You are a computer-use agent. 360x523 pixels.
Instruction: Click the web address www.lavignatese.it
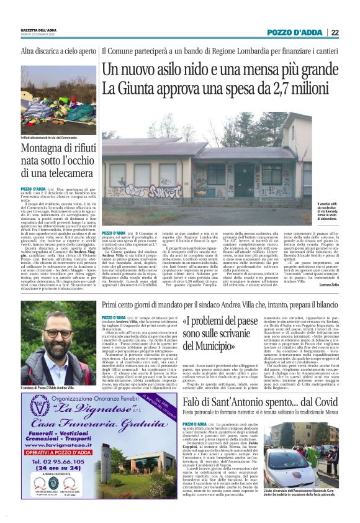click(x=58, y=445)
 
